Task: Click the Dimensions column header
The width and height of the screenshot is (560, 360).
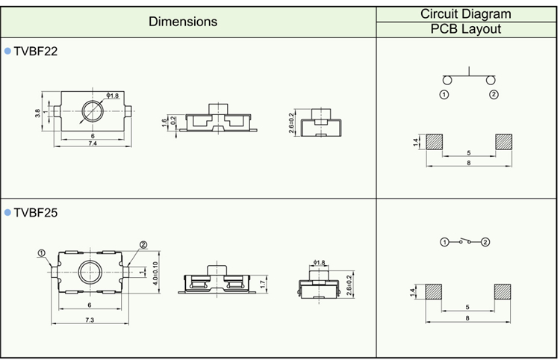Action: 183,22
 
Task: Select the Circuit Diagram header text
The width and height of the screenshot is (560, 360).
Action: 465,13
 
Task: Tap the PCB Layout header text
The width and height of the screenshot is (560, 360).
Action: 465,29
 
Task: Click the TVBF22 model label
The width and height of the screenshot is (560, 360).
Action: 36,52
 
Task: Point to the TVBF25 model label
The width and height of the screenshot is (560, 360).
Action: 36,213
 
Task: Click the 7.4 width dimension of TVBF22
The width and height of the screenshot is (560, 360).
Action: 93,143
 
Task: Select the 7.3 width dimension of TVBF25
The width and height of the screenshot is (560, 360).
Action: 89,320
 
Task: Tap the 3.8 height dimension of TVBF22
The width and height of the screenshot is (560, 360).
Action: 37,114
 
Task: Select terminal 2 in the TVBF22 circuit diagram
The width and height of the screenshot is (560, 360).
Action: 494,95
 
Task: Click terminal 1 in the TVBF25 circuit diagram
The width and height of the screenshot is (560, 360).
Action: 444,242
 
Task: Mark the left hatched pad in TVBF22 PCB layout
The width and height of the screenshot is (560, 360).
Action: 432,142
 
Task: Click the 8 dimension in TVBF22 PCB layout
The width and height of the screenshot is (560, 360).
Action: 467,163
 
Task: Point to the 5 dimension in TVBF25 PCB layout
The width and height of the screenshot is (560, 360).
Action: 467,307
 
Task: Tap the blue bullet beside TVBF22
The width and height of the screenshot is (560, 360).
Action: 7,52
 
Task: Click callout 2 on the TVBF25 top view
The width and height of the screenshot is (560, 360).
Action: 143,245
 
